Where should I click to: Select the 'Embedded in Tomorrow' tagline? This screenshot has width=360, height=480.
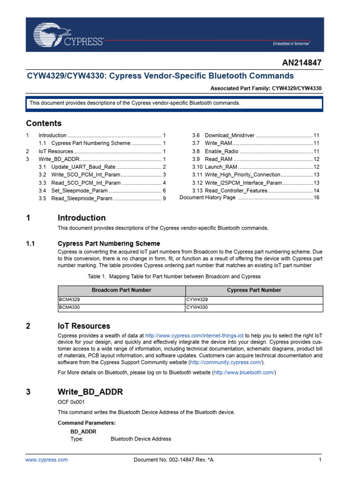coord(292,44)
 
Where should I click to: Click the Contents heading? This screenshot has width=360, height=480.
coord(44,123)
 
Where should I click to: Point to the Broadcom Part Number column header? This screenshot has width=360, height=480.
coord(121,290)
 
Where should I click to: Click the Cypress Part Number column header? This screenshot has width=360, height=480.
coord(254,290)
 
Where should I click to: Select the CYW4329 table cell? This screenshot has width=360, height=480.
coord(197,300)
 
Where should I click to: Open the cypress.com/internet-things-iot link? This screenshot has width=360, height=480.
coord(194,336)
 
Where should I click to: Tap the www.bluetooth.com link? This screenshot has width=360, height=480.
coord(244,373)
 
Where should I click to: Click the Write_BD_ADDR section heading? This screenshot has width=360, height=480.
coord(90,392)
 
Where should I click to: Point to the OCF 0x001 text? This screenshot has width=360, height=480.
coord(71,402)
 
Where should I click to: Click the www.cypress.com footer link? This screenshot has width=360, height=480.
coord(46,460)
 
